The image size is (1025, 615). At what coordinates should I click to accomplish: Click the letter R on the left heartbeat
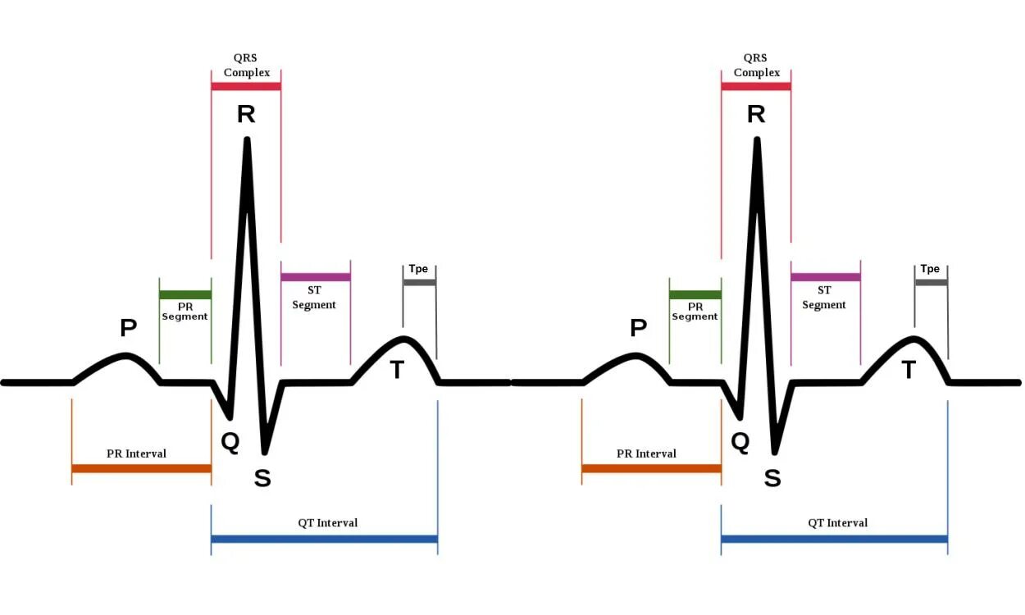click(246, 114)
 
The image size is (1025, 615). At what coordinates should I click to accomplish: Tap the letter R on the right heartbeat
click(756, 114)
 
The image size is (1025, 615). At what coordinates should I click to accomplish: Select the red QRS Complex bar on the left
click(246, 86)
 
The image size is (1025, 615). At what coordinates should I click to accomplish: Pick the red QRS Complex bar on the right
click(756, 86)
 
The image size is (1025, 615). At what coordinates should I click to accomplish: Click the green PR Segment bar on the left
click(185, 294)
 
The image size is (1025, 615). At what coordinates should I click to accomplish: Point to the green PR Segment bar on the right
click(695, 294)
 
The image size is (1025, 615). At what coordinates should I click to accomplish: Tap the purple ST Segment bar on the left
click(316, 277)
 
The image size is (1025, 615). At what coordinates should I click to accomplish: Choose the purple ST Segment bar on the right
click(826, 277)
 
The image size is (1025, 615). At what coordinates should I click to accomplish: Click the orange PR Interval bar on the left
click(142, 468)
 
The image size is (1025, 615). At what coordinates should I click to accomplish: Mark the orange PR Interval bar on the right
click(652, 468)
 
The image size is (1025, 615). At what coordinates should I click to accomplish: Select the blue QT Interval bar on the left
click(324, 539)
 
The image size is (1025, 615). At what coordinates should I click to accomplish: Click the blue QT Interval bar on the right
click(834, 539)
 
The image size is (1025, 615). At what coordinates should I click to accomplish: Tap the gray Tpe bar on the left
click(420, 282)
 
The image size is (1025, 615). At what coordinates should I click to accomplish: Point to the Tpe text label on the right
click(930, 269)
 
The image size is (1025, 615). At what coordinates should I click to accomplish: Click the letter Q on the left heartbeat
click(230, 443)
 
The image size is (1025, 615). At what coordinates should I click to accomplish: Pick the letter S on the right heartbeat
click(772, 478)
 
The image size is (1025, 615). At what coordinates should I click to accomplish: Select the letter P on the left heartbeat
click(129, 328)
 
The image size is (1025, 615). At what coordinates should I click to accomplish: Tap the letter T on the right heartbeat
click(909, 371)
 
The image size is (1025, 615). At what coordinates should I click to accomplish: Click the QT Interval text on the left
click(327, 522)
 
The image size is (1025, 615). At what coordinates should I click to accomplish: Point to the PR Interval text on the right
click(646, 453)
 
